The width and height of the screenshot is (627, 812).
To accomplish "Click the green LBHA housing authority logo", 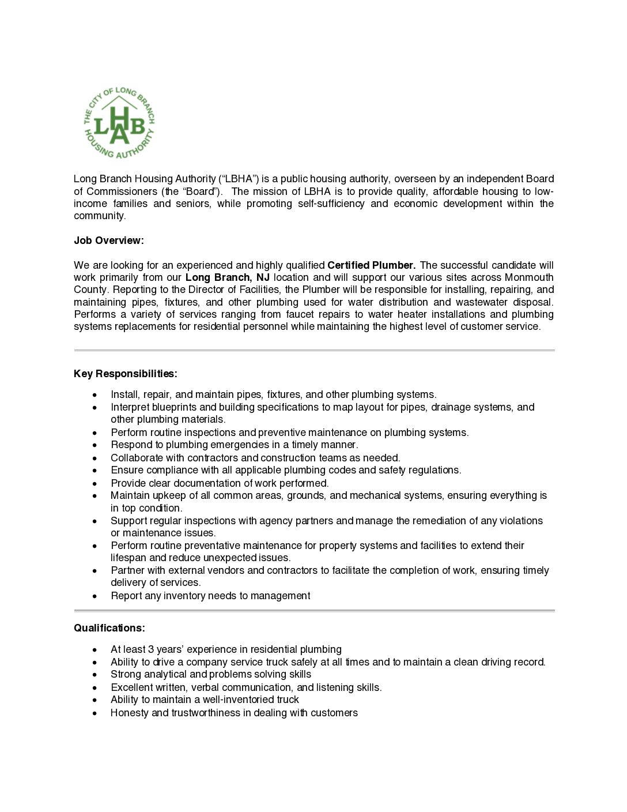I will point(119,123).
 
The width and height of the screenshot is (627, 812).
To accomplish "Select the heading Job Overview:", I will point(108,240).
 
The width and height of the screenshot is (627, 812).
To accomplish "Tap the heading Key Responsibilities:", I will point(125,374).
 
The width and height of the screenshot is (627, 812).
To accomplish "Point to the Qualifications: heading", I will point(109,628).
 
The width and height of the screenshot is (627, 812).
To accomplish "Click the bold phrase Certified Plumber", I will point(371,265).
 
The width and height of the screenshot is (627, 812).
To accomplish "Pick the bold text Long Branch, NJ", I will point(227,277).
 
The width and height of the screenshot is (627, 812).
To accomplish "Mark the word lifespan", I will point(129,558).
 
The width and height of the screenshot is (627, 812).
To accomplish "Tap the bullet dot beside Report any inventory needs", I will point(95,596).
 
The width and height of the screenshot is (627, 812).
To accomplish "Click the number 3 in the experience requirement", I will point(150,649).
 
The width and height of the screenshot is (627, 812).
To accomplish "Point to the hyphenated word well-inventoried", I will point(251,700).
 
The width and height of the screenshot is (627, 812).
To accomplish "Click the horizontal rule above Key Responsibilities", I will point(314,350).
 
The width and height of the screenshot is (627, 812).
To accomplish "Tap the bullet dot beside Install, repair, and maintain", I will point(95,394).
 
